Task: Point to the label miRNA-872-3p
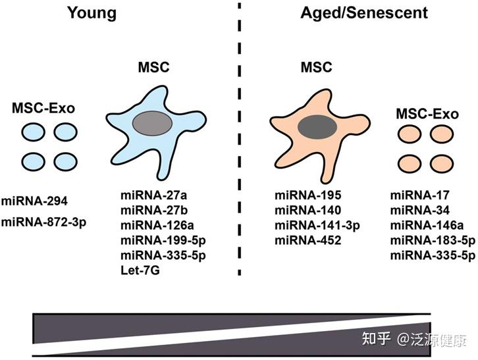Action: pos(43,221)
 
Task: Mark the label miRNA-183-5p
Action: pos(431,240)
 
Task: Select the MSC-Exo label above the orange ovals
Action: pos(427,114)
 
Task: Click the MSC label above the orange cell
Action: pos(316,67)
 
